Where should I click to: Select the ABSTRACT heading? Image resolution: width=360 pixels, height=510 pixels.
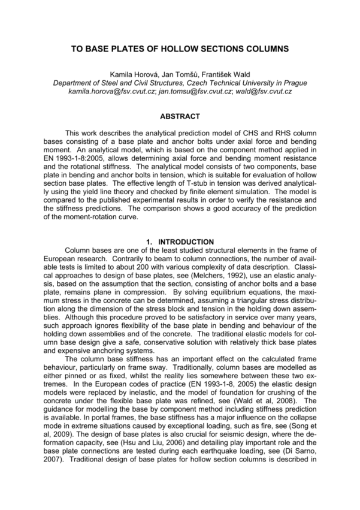180,116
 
